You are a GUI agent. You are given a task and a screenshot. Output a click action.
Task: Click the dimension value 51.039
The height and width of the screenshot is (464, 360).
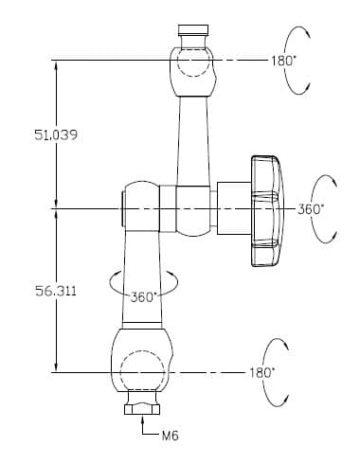click(56, 135)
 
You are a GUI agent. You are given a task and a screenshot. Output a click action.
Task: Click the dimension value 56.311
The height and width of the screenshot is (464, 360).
click(56, 291)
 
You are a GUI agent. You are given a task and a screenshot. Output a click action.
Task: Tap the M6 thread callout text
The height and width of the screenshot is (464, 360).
click(171, 436)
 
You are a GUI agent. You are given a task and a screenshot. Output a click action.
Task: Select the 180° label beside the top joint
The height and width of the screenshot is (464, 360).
click(283, 61)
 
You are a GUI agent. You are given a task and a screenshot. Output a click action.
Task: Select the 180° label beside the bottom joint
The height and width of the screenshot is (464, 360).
click(261, 373)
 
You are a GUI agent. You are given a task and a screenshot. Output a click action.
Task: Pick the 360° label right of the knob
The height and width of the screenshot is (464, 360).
click(311, 209)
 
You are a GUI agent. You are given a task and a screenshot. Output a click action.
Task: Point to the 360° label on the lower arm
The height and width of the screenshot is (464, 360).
click(143, 297)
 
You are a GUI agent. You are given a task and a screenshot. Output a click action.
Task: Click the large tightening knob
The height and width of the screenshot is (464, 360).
click(267, 211)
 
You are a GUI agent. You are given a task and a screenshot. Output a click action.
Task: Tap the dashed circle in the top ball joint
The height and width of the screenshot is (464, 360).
click(193, 62)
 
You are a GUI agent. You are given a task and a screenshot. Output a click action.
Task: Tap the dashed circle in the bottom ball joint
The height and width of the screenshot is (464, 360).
click(143, 371)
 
